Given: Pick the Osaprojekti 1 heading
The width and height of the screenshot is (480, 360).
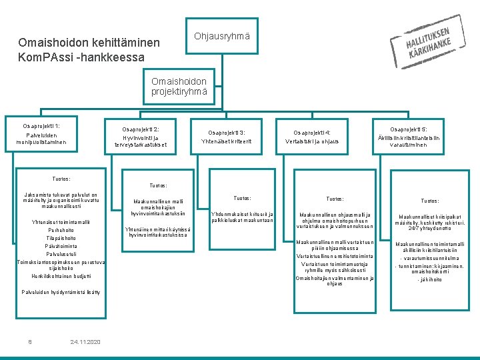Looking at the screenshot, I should point(41,126).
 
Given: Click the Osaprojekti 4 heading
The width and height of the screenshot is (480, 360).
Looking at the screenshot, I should point(312,132).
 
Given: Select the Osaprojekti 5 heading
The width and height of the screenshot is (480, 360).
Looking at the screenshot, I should point(409,129).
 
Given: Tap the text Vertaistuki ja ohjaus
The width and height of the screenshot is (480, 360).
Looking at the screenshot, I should point(312,141).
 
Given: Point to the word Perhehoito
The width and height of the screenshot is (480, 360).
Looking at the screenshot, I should point(61,230).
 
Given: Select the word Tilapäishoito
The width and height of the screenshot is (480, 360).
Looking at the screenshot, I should point(61,238).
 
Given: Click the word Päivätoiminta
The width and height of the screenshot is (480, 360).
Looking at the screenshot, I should point(61,246).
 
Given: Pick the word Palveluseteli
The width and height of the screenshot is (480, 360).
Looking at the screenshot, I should point(61,254).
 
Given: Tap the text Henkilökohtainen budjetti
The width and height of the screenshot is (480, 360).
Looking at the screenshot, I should point(61,276).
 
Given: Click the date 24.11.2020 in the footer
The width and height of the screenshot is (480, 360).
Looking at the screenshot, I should point(85,342).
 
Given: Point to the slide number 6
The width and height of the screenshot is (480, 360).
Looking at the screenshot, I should point(30,342).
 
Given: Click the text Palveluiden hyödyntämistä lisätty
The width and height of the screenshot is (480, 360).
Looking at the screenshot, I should point(61,292).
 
